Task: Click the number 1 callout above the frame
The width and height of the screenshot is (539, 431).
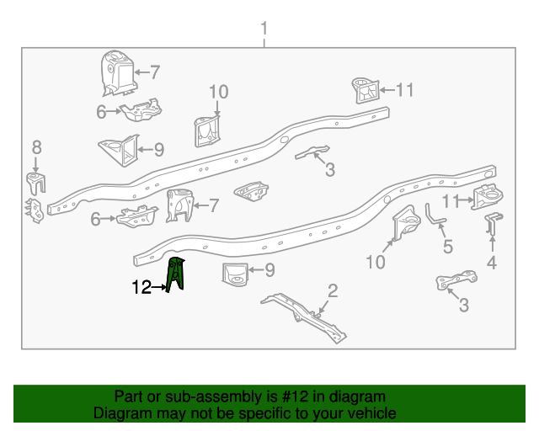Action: click(x=264, y=30)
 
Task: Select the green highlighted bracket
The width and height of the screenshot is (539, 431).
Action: click(x=178, y=275)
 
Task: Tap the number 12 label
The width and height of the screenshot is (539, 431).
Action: click(x=141, y=288)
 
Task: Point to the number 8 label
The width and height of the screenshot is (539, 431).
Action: click(x=36, y=148)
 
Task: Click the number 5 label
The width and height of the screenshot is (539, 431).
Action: click(x=447, y=247)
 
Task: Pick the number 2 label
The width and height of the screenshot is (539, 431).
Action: click(x=333, y=291)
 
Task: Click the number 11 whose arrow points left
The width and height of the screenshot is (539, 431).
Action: click(x=405, y=89)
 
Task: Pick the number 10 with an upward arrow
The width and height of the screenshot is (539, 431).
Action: click(x=376, y=263)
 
